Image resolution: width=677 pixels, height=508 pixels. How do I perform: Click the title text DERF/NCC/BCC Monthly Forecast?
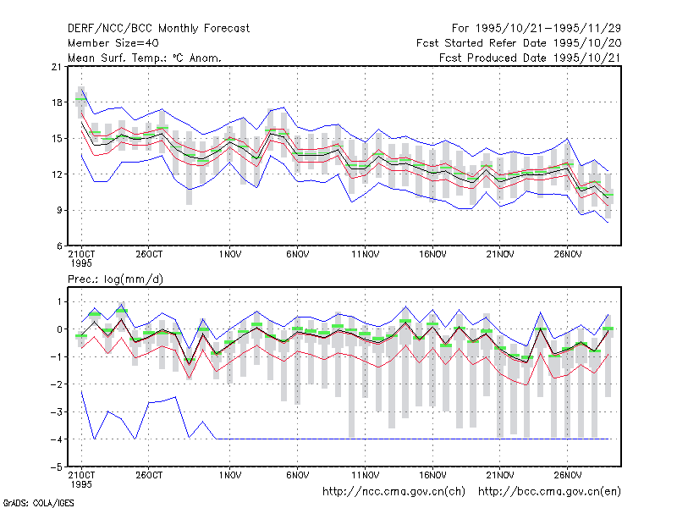158,29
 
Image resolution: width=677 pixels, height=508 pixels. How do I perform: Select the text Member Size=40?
113,43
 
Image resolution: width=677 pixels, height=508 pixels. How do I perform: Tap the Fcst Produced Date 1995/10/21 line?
530,58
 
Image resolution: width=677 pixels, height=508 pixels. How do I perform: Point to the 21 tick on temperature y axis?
57,67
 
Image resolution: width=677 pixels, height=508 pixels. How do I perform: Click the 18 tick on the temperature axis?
57,102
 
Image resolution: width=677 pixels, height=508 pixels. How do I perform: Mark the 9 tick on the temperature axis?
59,210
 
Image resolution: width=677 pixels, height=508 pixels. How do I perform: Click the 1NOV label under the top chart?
229,255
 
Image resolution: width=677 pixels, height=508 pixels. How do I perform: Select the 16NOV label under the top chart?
432,255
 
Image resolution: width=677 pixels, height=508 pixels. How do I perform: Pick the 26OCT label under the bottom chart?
149,475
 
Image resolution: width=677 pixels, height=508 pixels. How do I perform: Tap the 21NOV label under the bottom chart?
500,475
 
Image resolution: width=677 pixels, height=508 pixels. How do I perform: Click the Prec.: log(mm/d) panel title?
115,279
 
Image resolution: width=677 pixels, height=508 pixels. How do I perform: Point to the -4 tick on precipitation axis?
56,439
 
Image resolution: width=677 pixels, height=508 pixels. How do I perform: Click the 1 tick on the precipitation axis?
59,301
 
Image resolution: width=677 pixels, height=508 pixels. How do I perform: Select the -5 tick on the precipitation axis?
56,467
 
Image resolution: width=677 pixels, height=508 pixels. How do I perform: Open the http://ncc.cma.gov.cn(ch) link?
394,492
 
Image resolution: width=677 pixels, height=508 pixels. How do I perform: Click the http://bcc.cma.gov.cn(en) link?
549,492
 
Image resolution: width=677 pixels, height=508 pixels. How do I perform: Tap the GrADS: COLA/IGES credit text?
38,503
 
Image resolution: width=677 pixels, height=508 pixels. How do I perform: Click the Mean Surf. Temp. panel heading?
145,58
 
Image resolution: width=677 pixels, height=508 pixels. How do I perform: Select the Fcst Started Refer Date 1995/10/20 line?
519,43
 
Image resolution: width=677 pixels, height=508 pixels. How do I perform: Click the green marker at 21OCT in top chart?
80,99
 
